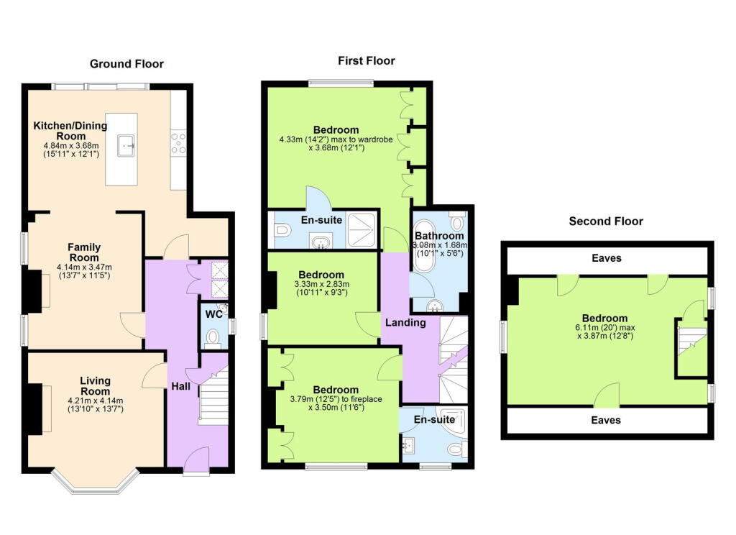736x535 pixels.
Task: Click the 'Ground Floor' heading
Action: point(126,64)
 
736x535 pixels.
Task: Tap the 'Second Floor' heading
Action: point(605,221)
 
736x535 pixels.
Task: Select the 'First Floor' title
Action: point(366,61)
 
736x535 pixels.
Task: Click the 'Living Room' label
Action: point(95,386)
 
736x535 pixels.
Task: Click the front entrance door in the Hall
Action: point(196,460)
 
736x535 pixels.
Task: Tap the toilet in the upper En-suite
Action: point(282,231)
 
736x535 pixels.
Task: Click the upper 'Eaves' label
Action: point(607,258)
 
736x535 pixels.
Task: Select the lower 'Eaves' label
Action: point(606,420)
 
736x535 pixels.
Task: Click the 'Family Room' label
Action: point(83,252)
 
